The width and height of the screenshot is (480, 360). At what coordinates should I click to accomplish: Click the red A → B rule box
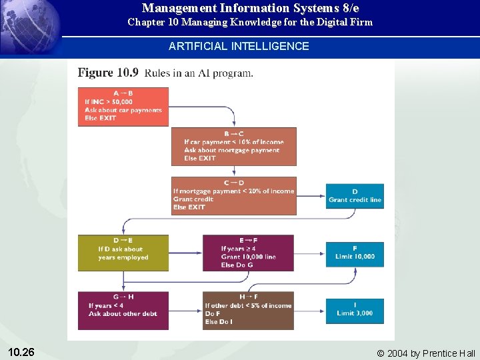coord(123,106)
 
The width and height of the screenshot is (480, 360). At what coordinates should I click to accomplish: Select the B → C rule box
coord(233,146)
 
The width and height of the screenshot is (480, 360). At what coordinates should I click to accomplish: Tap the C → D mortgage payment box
coord(233,195)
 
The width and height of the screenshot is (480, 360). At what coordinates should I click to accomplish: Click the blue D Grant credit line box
coord(355,196)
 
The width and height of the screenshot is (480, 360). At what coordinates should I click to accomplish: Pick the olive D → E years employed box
coord(123,253)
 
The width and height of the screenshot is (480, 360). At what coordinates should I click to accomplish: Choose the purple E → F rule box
coord(248,253)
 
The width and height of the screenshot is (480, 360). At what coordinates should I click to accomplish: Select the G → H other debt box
coord(123,310)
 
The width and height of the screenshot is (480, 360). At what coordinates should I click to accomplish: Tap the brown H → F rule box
coord(248,310)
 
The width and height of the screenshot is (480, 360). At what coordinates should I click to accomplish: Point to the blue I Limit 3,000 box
coord(355,310)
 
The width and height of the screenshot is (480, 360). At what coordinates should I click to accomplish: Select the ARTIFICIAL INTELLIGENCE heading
coord(239,46)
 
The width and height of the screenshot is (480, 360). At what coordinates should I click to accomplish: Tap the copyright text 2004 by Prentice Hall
coord(426,353)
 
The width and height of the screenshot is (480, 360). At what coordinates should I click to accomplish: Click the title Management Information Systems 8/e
coord(250,9)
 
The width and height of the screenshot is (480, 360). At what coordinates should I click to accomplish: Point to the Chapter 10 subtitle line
coord(250,22)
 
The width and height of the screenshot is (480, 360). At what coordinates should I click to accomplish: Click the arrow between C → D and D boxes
coord(311,196)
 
